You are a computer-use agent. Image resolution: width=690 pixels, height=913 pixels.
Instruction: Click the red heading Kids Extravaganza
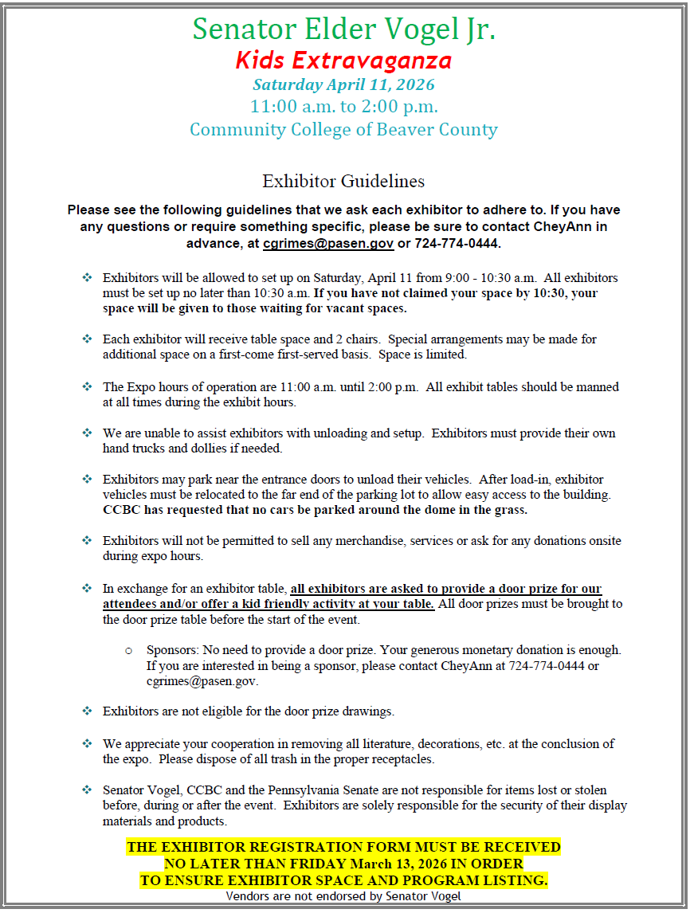point(343,60)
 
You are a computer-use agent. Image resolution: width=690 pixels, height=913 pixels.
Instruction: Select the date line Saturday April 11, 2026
point(343,84)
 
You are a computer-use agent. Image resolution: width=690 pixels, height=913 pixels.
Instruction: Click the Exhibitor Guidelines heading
point(343,181)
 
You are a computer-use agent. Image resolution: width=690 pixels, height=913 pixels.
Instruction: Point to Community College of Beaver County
point(343,129)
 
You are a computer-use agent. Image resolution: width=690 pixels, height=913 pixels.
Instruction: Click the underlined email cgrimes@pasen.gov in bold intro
point(328,243)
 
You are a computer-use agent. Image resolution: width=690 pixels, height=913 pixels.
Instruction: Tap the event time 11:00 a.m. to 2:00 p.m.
point(343,106)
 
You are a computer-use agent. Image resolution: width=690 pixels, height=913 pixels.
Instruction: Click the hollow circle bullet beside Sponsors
point(129,651)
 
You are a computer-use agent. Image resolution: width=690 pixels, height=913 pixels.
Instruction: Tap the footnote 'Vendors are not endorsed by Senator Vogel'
point(343,895)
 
